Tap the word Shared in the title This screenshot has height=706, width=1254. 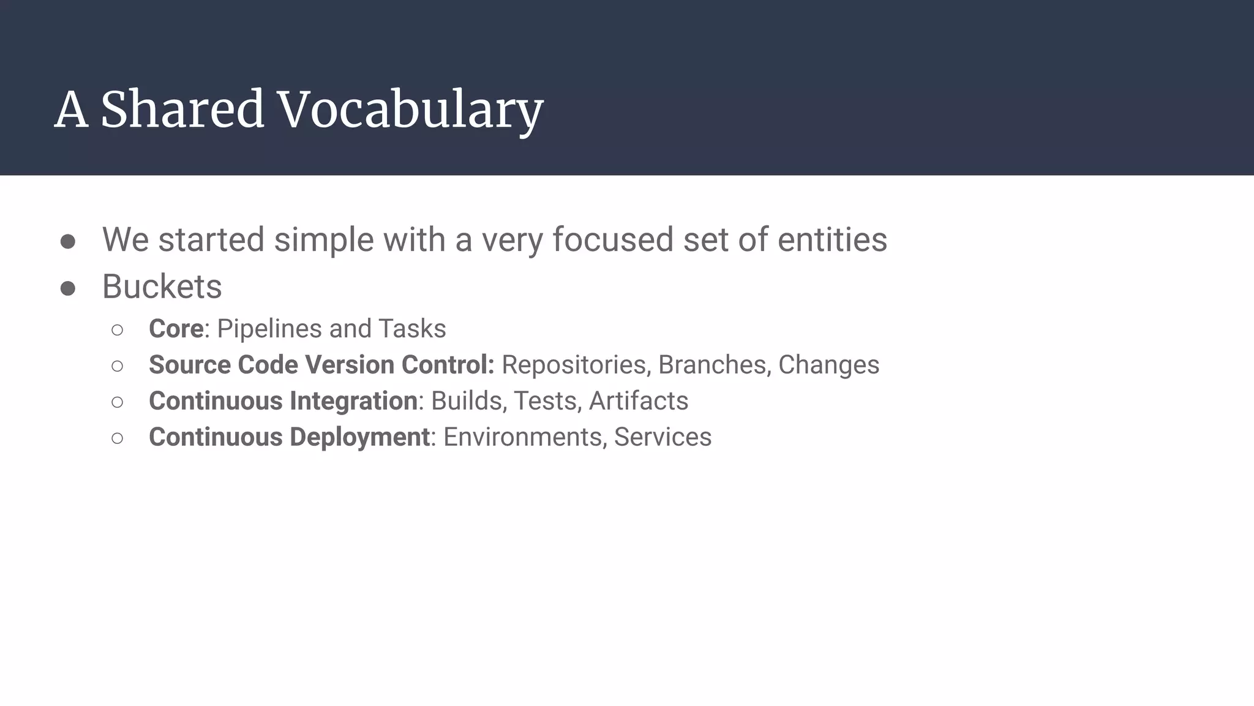point(182,110)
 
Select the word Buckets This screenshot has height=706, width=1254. point(162,287)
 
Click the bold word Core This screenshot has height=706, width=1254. point(176,329)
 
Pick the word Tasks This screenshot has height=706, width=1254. point(412,329)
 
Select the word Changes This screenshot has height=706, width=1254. point(828,365)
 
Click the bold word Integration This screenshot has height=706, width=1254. point(353,401)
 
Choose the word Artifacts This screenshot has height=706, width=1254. point(638,401)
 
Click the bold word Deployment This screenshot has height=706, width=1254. point(359,437)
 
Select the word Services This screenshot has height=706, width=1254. point(663,437)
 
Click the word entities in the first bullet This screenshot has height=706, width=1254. point(832,239)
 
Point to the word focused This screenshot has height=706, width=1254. point(612,239)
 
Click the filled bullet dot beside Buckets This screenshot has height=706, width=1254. point(68,288)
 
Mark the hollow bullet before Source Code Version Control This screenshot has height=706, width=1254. point(118,366)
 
